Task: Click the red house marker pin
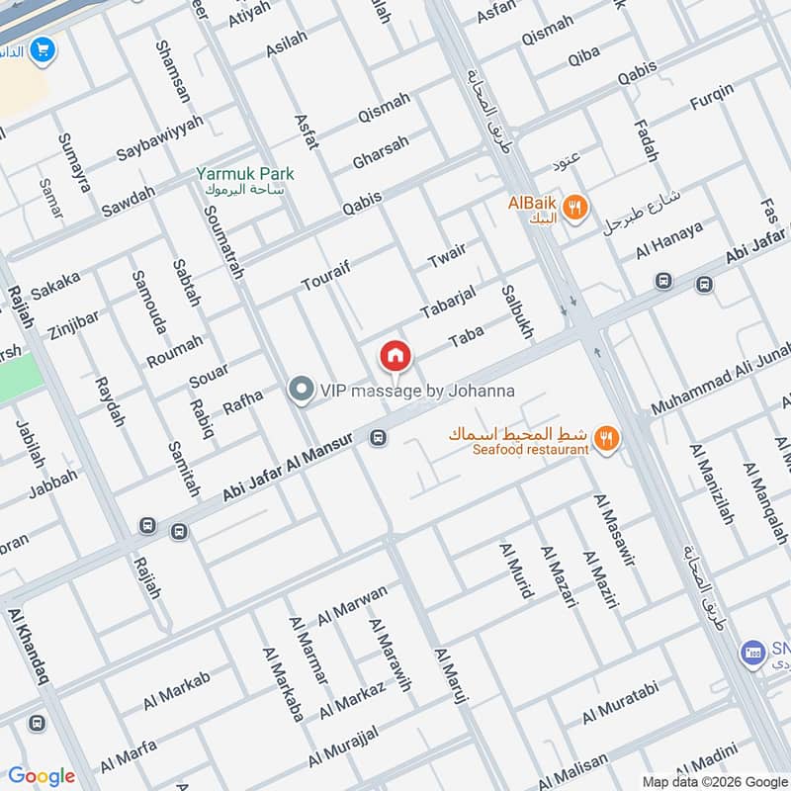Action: [x=395, y=355]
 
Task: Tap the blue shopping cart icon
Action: [x=42, y=48]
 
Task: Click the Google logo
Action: [x=42, y=776]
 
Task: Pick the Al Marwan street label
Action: [x=352, y=605]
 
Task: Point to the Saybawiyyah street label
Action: [x=159, y=138]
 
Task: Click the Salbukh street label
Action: [x=516, y=313]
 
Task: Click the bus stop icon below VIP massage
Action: [x=378, y=437]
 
